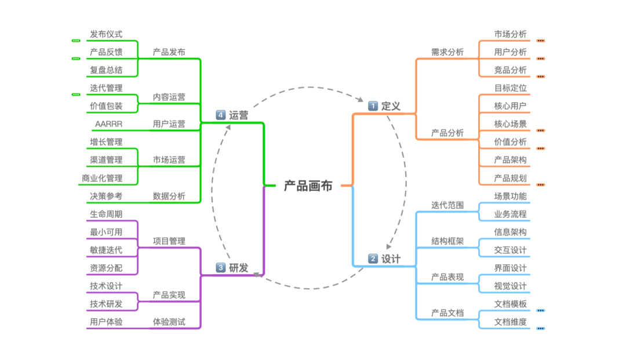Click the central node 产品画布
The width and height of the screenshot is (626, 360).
click(x=308, y=186)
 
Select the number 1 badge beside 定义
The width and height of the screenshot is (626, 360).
click(x=373, y=106)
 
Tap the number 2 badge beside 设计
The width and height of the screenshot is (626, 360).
click(x=373, y=259)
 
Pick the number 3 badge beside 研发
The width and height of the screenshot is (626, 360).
click(x=221, y=268)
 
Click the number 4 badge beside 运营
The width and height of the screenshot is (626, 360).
click(x=221, y=115)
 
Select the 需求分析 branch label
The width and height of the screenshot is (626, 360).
click(x=447, y=52)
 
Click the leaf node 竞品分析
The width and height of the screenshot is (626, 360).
click(x=510, y=70)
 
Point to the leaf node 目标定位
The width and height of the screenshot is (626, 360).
click(x=510, y=88)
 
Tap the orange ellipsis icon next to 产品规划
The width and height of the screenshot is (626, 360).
click(x=540, y=185)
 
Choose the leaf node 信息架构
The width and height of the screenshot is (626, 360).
click(x=510, y=232)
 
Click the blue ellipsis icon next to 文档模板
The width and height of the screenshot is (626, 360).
click(x=540, y=311)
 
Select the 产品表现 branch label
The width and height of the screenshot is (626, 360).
click(x=447, y=277)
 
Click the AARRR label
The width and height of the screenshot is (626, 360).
click(x=108, y=124)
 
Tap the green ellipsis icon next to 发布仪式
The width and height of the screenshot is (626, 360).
click(x=76, y=41)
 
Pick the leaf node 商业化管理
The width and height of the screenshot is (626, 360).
click(x=102, y=178)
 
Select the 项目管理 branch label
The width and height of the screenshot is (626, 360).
click(x=169, y=241)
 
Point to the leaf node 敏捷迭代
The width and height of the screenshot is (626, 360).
click(x=106, y=250)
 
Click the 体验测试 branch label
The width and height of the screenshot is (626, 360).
click(x=169, y=322)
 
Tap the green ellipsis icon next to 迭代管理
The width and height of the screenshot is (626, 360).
click(x=76, y=94)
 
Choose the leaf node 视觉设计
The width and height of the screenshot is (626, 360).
click(x=510, y=286)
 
